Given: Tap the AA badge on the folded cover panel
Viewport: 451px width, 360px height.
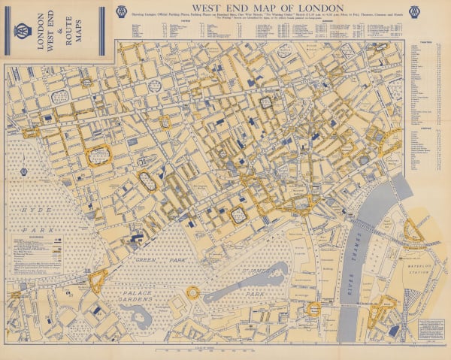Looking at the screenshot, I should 23,31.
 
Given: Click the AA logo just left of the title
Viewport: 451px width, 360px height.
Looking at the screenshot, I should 121,11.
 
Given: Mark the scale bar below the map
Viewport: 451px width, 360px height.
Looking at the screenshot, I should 225,349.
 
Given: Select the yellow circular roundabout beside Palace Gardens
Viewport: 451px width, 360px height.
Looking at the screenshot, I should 193,292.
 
